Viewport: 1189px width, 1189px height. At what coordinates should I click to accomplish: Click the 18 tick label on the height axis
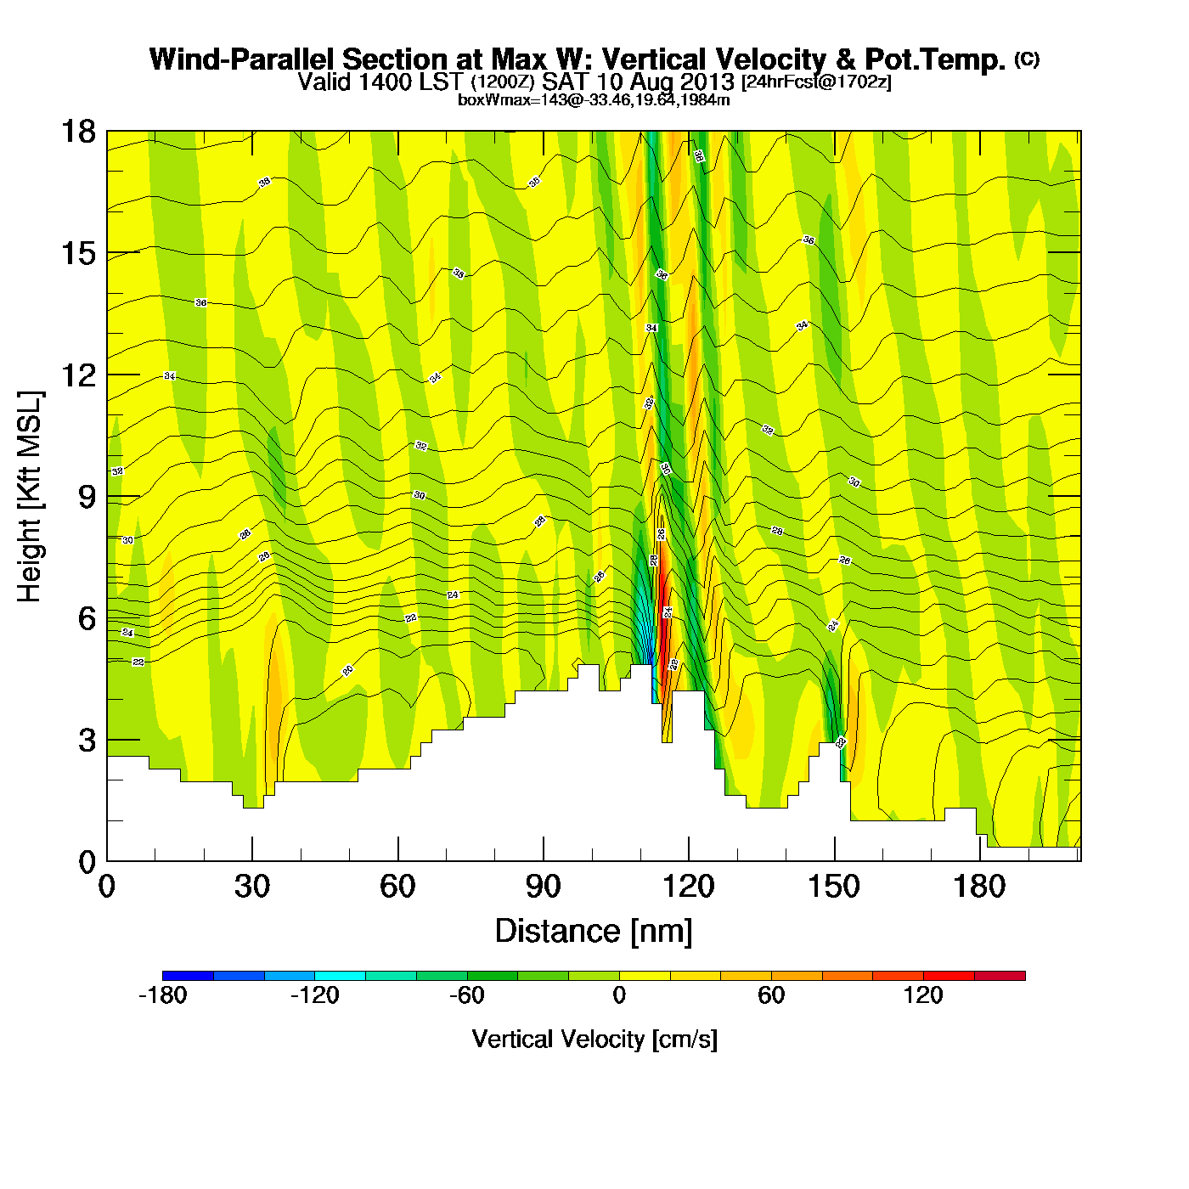click(x=77, y=132)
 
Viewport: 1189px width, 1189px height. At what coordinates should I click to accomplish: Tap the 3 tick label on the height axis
click(x=87, y=741)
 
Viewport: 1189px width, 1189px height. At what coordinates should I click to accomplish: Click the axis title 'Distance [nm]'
click(x=594, y=932)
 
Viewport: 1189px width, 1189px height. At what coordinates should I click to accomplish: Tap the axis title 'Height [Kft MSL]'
click(x=30, y=497)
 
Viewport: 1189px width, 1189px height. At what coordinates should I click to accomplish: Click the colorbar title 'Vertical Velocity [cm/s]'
click(x=594, y=1040)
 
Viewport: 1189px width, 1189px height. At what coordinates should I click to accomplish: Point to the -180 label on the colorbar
click(x=162, y=995)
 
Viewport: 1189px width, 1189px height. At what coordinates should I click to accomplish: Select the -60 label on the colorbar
click(x=466, y=995)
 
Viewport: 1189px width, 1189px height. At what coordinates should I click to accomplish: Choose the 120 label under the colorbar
click(x=923, y=995)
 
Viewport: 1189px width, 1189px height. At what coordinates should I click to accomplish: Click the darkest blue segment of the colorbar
click(x=188, y=976)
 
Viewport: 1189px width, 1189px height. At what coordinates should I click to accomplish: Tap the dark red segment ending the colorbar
click(x=1000, y=976)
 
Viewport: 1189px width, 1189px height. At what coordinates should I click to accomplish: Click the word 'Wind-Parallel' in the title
click(x=243, y=59)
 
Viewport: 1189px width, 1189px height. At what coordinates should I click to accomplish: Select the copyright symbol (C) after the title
click(x=1027, y=59)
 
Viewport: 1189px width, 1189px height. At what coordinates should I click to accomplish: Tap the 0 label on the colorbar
click(x=619, y=995)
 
